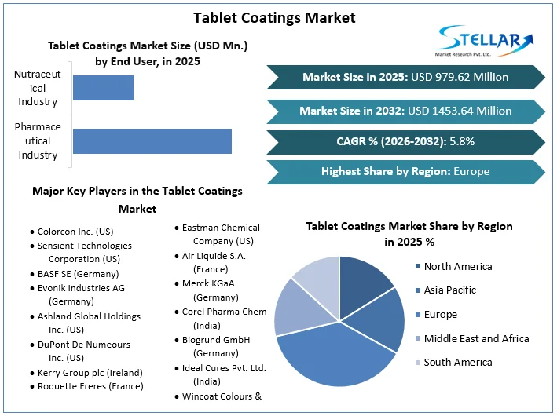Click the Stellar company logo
tap(484, 41)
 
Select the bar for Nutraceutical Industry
tap(103, 88)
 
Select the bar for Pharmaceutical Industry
tap(152, 141)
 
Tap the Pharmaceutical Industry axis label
tap(38, 141)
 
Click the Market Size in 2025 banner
tap(405, 77)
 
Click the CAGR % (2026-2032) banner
tap(405, 141)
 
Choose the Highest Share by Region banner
tap(405, 171)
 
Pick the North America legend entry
tap(457, 266)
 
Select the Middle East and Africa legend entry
tap(476, 338)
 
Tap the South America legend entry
tap(457, 362)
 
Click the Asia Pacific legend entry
tap(449, 290)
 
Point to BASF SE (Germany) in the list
tap(78, 274)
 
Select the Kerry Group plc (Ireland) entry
tap(90, 372)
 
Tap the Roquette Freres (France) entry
tap(90, 386)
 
